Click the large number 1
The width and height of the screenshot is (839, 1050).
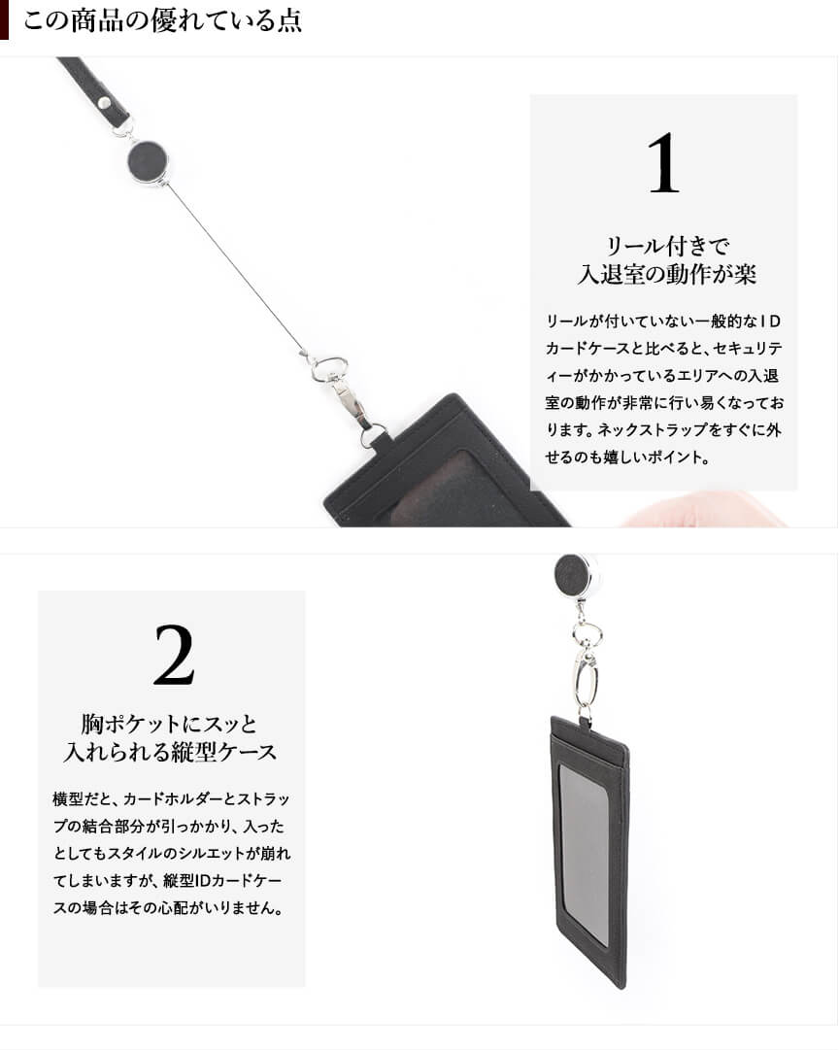(663, 163)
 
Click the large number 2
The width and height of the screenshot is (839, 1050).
(174, 655)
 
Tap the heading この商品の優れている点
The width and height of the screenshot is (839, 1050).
(163, 20)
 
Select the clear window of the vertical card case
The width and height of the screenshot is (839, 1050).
(584, 855)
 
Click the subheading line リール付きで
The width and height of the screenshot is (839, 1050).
(667, 246)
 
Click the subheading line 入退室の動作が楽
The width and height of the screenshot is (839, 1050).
(667, 273)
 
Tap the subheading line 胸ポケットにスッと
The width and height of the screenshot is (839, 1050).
(170, 724)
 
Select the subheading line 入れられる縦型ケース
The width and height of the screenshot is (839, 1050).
(170, 752)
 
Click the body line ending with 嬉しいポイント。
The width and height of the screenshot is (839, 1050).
(627, 457)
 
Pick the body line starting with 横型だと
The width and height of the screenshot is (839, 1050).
(172, 798)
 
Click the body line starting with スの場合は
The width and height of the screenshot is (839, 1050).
(168, 908)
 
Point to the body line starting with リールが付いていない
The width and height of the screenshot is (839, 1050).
(663, 321)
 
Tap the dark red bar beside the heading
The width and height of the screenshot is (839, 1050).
(4, 19)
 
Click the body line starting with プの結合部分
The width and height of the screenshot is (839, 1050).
(169, 827)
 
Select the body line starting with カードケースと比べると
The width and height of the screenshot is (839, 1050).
(663, 348)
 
